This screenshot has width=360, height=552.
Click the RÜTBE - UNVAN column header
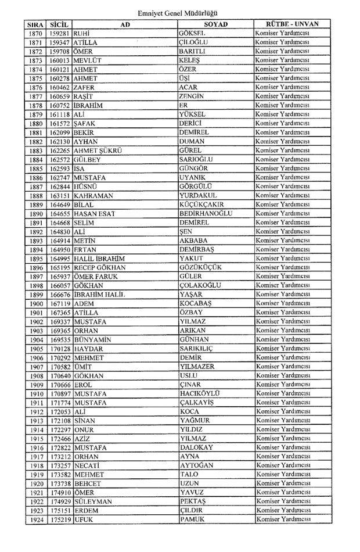click(291, 24)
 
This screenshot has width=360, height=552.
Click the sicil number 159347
click(60, 42)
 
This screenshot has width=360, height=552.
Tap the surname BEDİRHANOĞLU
click(206, 213)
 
